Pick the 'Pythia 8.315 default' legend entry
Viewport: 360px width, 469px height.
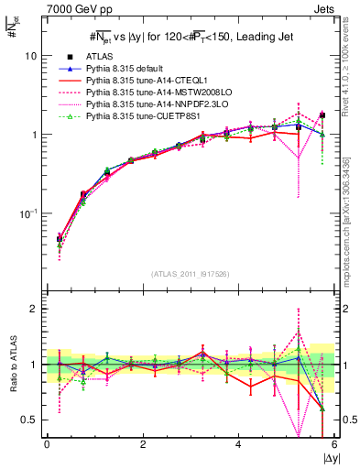(x=127, y=69)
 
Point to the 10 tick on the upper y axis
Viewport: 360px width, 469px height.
(x=30, y=55)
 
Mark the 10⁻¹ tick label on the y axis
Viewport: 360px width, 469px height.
(x=27, y=213)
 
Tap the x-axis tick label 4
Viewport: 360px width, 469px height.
(x=239, y=444)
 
